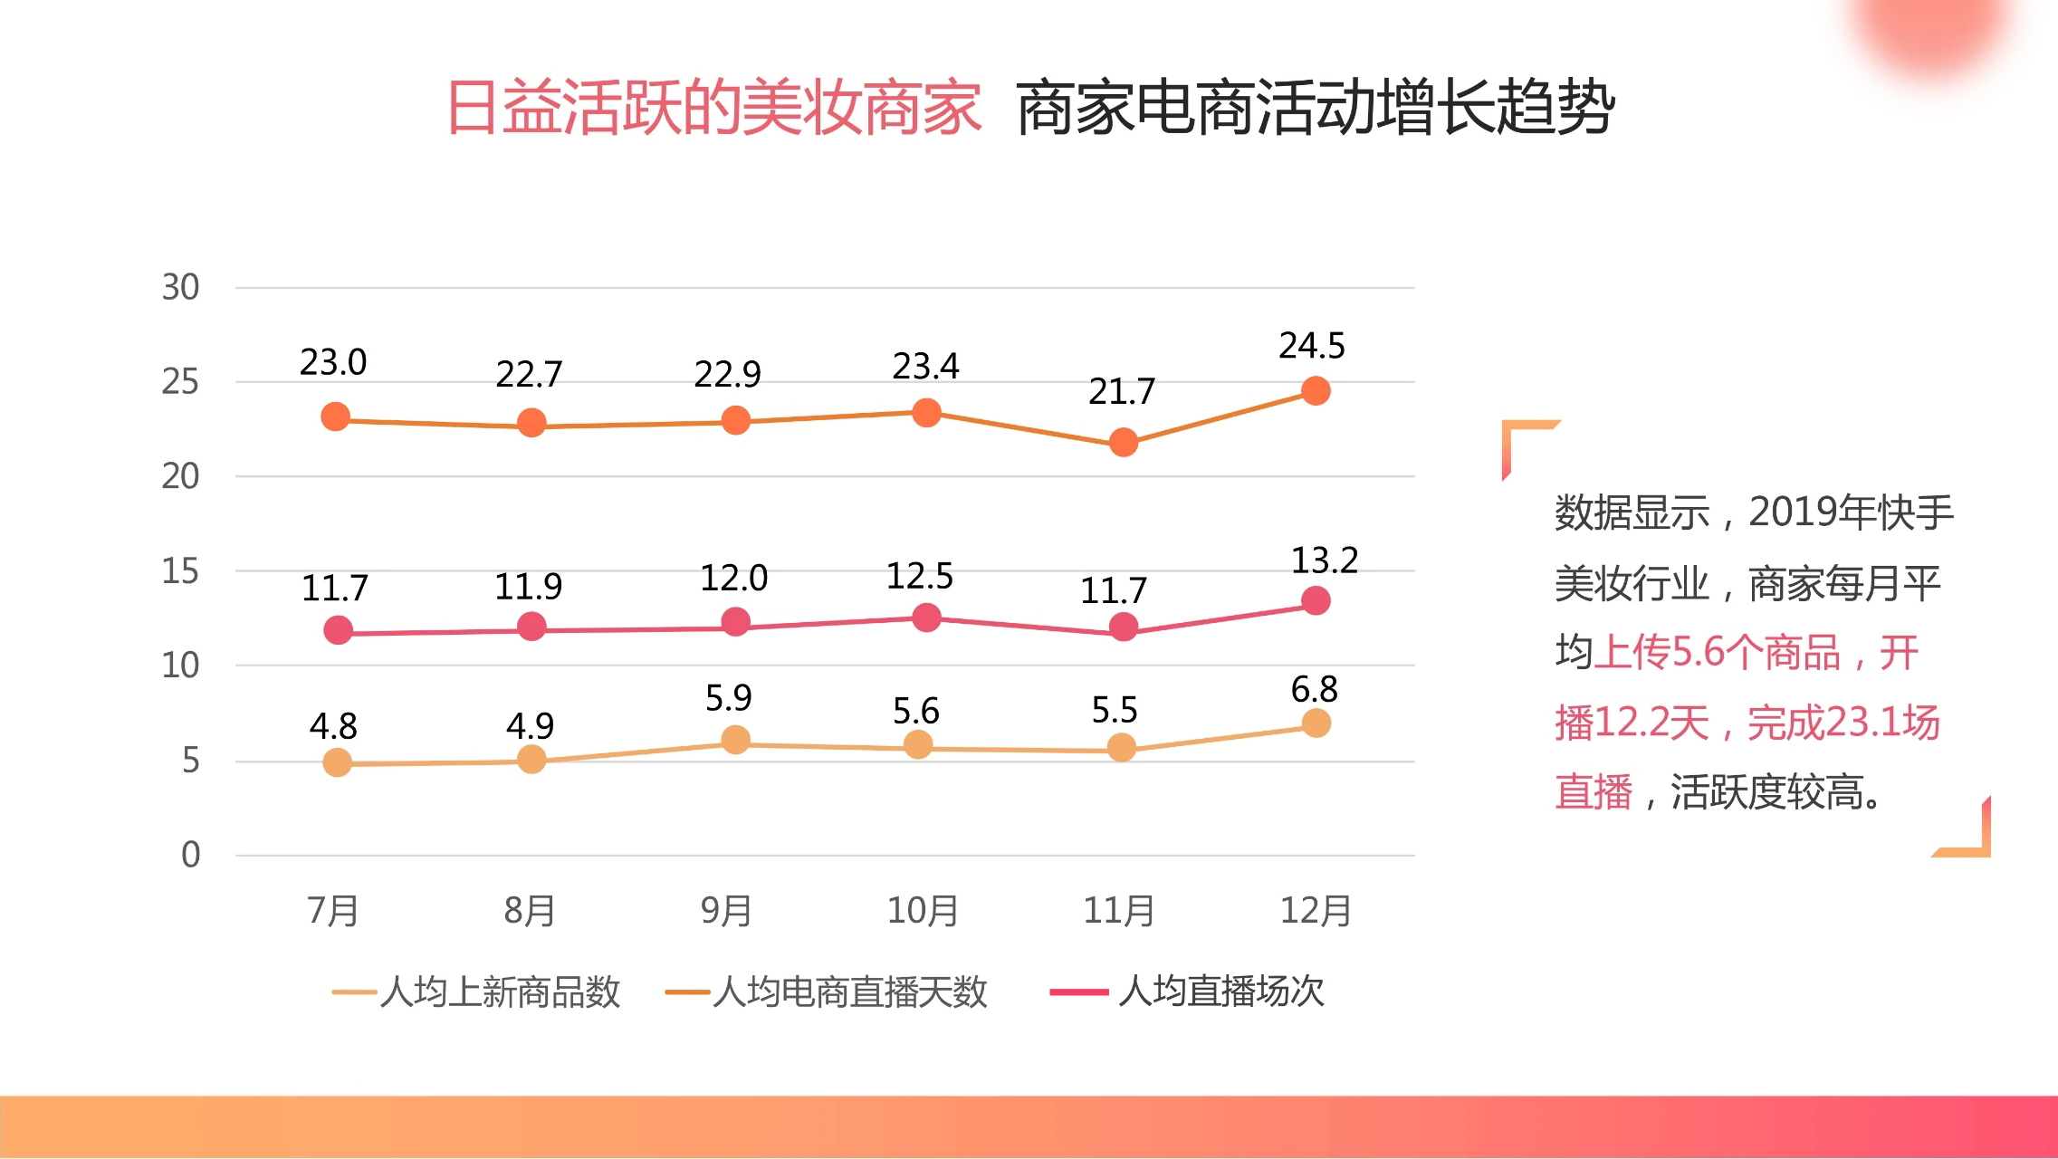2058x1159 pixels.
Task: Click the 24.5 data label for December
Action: pyautogui.click(x=1311, y=346)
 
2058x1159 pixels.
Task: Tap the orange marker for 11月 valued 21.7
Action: pyautogui.click(x=1123, y=442)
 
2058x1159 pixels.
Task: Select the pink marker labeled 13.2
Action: pyautogui.click(x=1316, y=600)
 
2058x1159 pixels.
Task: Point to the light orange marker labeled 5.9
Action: pyautogui.click(x=735, y=740)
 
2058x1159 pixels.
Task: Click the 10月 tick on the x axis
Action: pyautogui.click(x=923, y=910)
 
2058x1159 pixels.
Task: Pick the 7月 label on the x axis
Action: pyautogui.click(x=333, y=910)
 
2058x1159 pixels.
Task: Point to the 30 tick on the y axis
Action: pyautogui.click(x=180, y=288)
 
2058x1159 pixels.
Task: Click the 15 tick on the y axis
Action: pyautogui.click(x=180, y=571)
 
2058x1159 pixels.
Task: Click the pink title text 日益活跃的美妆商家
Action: pyautogui.click(x=713, y=108)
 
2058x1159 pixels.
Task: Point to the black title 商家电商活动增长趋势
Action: pyautogui.click(x=1315, y=108)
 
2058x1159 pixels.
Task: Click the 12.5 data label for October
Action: pyautogui.click(x=919, y=576)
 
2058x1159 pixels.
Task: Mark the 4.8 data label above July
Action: pyautogui.click(x=333, y=726)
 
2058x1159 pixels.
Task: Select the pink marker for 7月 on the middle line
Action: pyautogui.click(x=338, y=630)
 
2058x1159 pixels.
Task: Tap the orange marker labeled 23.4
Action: pyautogui.click(x=926, y=413)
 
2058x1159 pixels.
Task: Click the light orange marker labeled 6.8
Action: pyautogui.click(x=1316, y=723)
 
